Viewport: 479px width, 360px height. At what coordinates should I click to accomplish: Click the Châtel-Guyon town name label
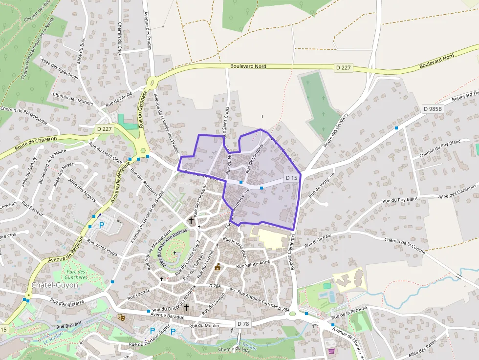click(54, 285)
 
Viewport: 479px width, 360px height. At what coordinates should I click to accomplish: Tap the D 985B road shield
click(433, 108)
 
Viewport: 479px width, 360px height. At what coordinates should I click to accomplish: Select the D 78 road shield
click(243, 324)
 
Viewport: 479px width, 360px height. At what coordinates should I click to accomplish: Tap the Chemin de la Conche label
click(405, 244)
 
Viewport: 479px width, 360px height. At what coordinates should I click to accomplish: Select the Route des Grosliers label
click(336, 130)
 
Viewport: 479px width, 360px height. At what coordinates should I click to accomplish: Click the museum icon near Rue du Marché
click(218, 267)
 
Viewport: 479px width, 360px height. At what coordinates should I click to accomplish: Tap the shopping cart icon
click(332, 351)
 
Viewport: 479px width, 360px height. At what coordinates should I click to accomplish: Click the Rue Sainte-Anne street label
click(253, 264)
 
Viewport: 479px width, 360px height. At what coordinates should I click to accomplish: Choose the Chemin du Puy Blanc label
click(440, 148)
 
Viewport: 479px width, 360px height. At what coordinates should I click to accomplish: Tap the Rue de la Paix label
click(318, 239)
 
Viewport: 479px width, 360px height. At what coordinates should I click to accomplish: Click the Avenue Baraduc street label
click(167, 317)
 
